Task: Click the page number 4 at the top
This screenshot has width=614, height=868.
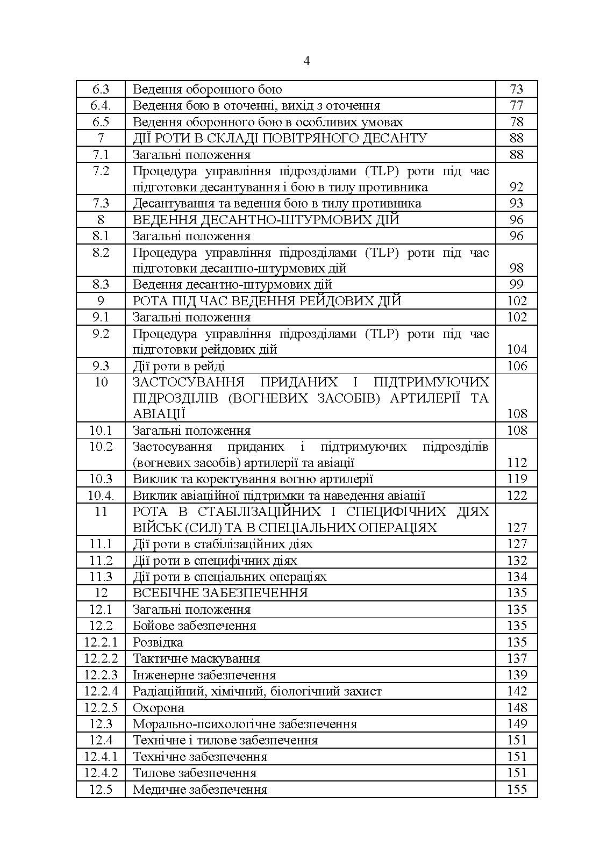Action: coord(306,61)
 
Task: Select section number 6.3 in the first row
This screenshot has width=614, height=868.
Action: coord(101,89)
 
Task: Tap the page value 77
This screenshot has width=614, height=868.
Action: coord(516,105)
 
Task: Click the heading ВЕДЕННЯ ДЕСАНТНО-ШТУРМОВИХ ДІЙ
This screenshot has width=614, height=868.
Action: coord(266,219)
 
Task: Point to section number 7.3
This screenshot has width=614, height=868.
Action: coord(101,203)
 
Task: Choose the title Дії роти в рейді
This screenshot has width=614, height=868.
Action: coord(179,366)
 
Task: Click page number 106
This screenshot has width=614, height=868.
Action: coord(517,366)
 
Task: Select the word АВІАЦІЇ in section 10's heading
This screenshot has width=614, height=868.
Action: coord(159,414)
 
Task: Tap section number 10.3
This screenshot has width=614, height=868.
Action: coord(101,479)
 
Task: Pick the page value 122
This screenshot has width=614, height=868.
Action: coord(517,496)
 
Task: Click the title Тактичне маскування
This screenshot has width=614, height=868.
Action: coord(196,658)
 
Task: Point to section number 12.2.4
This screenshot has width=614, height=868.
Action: coord(101,691)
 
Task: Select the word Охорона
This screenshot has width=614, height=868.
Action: coord(158,708)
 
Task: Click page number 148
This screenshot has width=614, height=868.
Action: coord(517,708)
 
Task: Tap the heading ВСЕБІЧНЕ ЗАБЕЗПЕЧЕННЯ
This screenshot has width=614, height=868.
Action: coord(220,593)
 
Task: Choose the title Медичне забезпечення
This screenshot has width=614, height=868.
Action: coord(199,790)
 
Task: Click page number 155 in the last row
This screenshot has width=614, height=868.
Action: coord(517,790)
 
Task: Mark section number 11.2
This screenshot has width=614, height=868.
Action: coord(101,561)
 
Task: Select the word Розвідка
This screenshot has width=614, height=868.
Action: coord(158,642)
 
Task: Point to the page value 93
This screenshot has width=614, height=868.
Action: coord(516,203)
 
